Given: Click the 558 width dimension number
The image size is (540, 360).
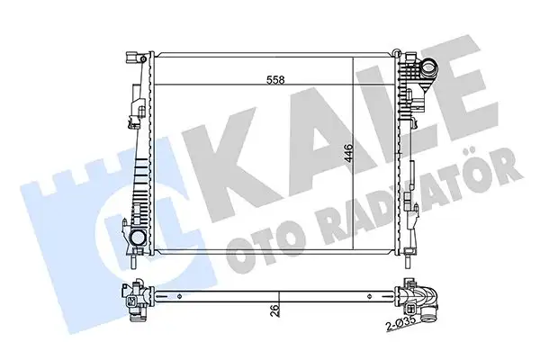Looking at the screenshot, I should [x=277, y=80].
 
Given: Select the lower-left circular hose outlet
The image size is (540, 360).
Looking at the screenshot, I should [x=137, y=239].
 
